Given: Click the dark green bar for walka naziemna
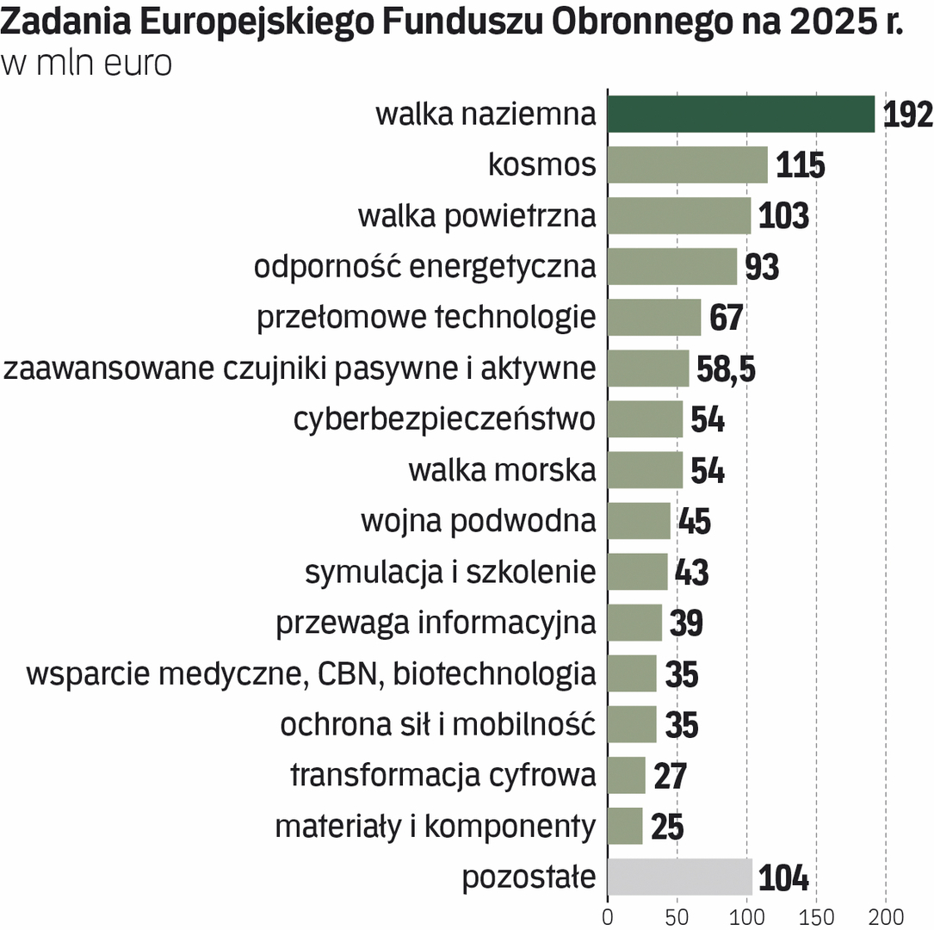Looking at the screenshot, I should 740,114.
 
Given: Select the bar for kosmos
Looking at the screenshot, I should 687,164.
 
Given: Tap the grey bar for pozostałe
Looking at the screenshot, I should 679,877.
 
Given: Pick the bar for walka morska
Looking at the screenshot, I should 645,470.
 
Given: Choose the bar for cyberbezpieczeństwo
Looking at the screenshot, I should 645,419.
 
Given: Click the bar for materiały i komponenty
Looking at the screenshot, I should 625,826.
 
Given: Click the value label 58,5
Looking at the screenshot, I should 727,369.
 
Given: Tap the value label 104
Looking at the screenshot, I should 784,878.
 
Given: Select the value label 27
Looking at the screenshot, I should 670,776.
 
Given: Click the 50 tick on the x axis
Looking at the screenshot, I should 677,915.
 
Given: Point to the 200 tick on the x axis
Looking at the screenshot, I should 887,915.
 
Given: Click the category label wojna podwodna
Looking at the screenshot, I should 478,521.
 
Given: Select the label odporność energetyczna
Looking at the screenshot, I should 424,267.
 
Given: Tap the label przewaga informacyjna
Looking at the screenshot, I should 436,623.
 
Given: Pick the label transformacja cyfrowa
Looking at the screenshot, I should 442,775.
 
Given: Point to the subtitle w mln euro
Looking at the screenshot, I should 87,65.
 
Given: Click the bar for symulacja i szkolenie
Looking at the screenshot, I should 637,572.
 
